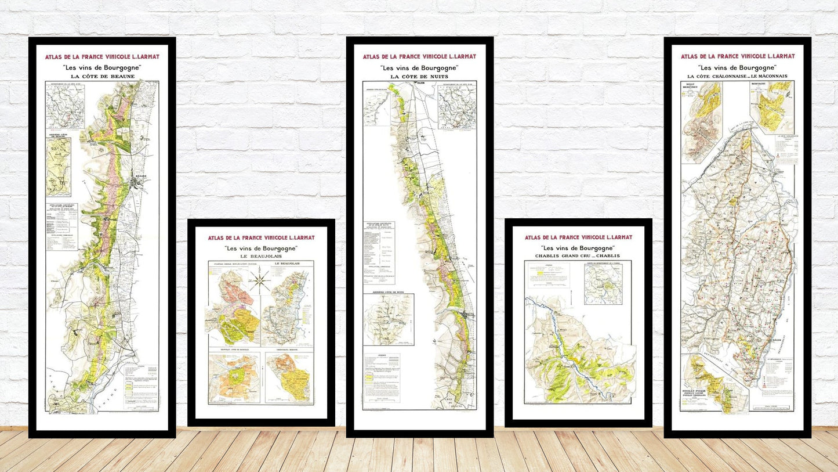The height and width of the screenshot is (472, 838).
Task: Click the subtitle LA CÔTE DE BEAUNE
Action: (102, 76)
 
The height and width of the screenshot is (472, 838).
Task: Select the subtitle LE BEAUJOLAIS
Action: (261, 257)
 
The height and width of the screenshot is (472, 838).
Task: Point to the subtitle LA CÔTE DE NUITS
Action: (419, 76)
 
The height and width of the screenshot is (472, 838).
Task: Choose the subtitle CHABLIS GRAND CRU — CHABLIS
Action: (578, 256)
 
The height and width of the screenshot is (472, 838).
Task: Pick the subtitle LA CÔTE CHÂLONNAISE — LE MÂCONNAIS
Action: (737, 76)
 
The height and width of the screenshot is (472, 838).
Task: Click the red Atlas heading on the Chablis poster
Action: (578, 237)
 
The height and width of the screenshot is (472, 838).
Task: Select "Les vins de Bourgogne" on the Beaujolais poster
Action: (261, 248)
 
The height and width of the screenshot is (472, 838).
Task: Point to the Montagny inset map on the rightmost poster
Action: (772, 107)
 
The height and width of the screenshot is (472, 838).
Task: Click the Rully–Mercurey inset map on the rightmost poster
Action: (702, 122)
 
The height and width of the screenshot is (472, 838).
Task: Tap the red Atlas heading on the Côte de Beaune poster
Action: (102, 57)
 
